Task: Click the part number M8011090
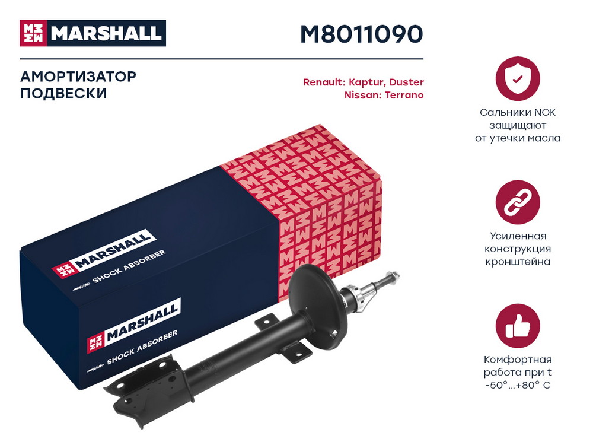361,34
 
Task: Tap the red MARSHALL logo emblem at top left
33,33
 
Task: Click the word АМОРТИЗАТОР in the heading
78,77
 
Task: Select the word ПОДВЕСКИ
63,94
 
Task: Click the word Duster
407,82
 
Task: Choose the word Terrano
404,95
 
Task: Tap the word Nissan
362,95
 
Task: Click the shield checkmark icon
517,79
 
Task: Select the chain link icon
517,202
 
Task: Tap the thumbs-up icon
517,326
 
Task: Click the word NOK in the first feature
544,112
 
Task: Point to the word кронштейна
518,262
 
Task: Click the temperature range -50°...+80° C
518,385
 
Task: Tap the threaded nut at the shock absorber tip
393,276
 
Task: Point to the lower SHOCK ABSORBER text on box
142,347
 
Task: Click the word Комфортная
518,360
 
